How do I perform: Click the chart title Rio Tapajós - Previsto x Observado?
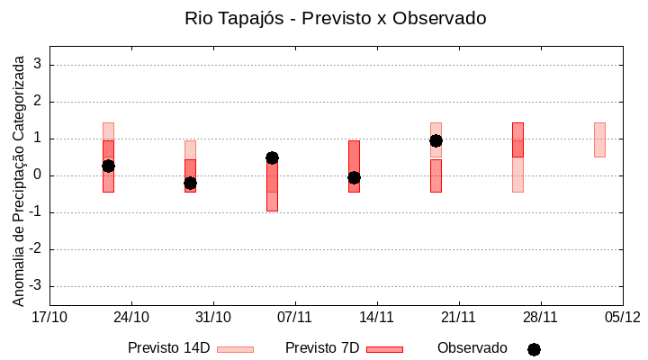[x=336, y=18]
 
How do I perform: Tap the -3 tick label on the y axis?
[x=36, y=286]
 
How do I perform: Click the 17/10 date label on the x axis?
[x=49, y=317]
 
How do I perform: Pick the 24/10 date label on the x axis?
[x=131, y=317]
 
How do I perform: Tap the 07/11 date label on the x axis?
[x=294, y=317]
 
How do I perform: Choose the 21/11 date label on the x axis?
[x=458, y=317]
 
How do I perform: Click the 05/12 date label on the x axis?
[x=622, y=317]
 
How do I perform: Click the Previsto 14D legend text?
[x=168, y=348]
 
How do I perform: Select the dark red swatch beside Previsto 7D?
[x=384, y=349]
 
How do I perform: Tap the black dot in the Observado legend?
[x=534, y=349]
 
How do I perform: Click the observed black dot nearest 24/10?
[x=108, y=166]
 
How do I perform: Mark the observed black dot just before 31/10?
[x=190, y=183]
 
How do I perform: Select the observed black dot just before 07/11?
[x=272, y=157]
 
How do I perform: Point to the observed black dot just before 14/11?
[x=354, y=177]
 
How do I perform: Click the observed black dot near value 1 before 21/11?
[x=436, y=140]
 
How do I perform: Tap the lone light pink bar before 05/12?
[x=599, y=139]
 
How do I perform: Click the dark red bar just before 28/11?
[x=517, y=139]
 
